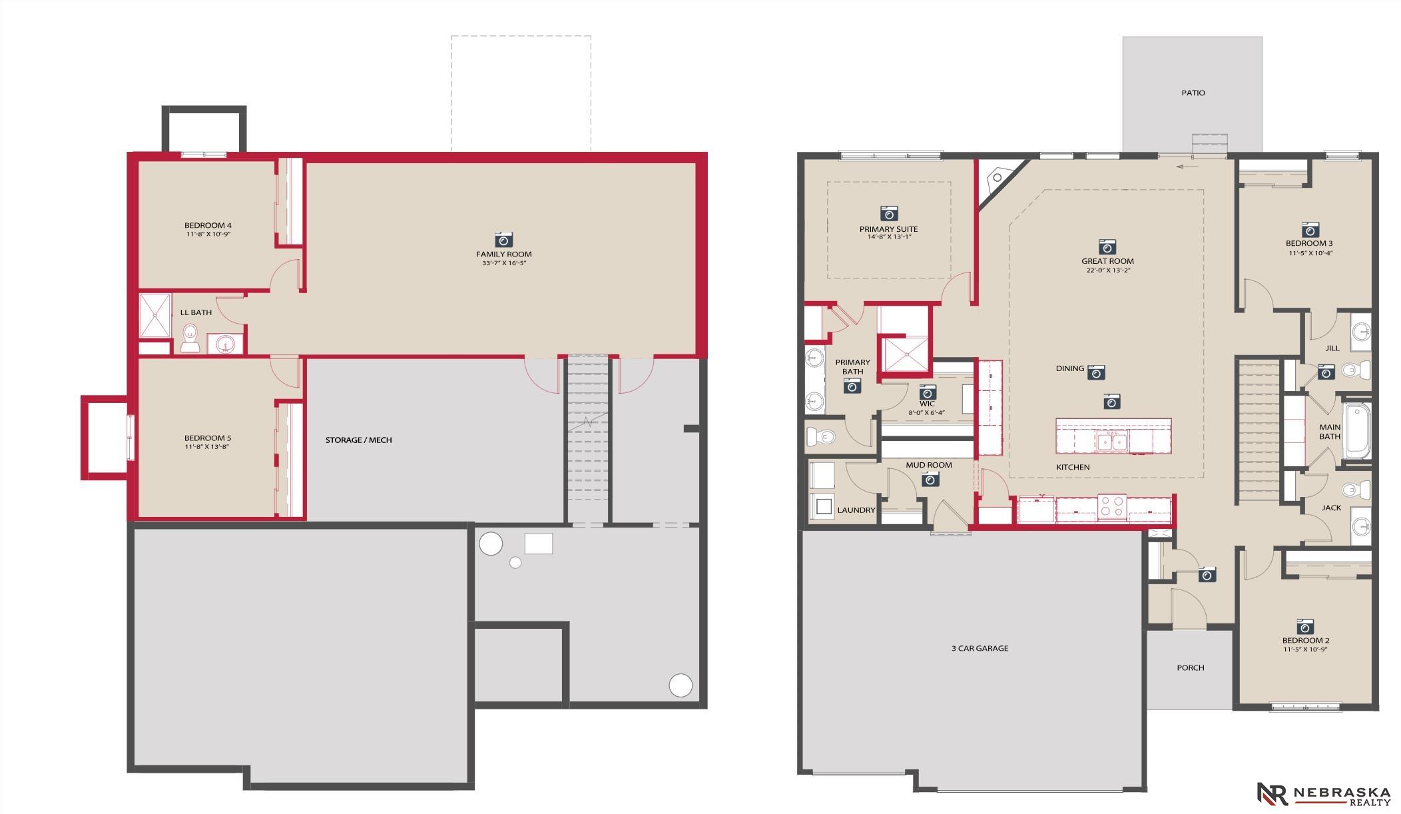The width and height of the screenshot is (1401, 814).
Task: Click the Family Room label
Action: pyautogui.click(x=503, y=254)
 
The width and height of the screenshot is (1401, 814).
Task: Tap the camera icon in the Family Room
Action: pyautogui.click(x=503, y=239)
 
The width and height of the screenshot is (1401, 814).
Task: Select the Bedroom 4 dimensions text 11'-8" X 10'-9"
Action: pyautogui.click(x=208, y=234)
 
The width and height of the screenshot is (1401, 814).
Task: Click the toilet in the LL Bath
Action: pyautogui.click(x=190, y=338)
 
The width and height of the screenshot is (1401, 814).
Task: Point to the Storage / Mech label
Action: pyautogui.click(x=358, y=440)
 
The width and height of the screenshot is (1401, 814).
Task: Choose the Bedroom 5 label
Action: pyautogui.click(x=208, y=438)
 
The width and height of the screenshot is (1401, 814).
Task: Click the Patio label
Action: pyautogui.click(x=1193, y=93)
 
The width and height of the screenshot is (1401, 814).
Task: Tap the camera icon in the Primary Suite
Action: pyautogui.click(x=888, y=213)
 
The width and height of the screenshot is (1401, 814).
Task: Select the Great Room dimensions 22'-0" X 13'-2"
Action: pyautogui.click(x=1107, y=270)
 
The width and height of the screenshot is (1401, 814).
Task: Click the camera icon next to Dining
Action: pyautogui.click(x=1096, y=372)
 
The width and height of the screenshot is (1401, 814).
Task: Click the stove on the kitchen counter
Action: pyautogui.click(x=1111, y=506)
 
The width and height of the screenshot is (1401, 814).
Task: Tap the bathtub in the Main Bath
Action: pyautogui.click(x=1357, y=431)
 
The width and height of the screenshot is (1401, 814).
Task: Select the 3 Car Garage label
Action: pyautogui.click(x=980, y=648)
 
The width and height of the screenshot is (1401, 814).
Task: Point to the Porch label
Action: pyautogui.click(x=1190, y=667)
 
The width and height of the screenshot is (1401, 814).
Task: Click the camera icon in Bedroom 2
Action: pyautogui.click(x=1304, y=626)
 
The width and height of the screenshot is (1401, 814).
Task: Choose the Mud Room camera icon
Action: pyautogui.click(x=930, y=478)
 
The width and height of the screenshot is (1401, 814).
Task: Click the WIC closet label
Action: pyautogui.click(x=927, y=404)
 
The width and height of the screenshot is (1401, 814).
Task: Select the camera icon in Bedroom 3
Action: pyautogui.click(x=1310, y=229)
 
